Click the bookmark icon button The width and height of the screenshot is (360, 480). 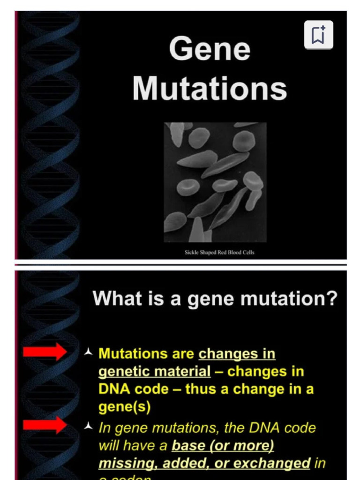click(x=318, y=35)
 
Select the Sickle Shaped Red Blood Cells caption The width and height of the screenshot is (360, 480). click(x=219, y=252)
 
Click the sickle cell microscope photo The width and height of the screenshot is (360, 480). click(x=215, y=182)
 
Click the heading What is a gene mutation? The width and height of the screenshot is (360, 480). click(x=215, y=299)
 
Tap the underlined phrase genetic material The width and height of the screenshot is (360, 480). click(x=155, y=372)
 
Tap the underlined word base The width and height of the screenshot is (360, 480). click(x=188, y=446)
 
